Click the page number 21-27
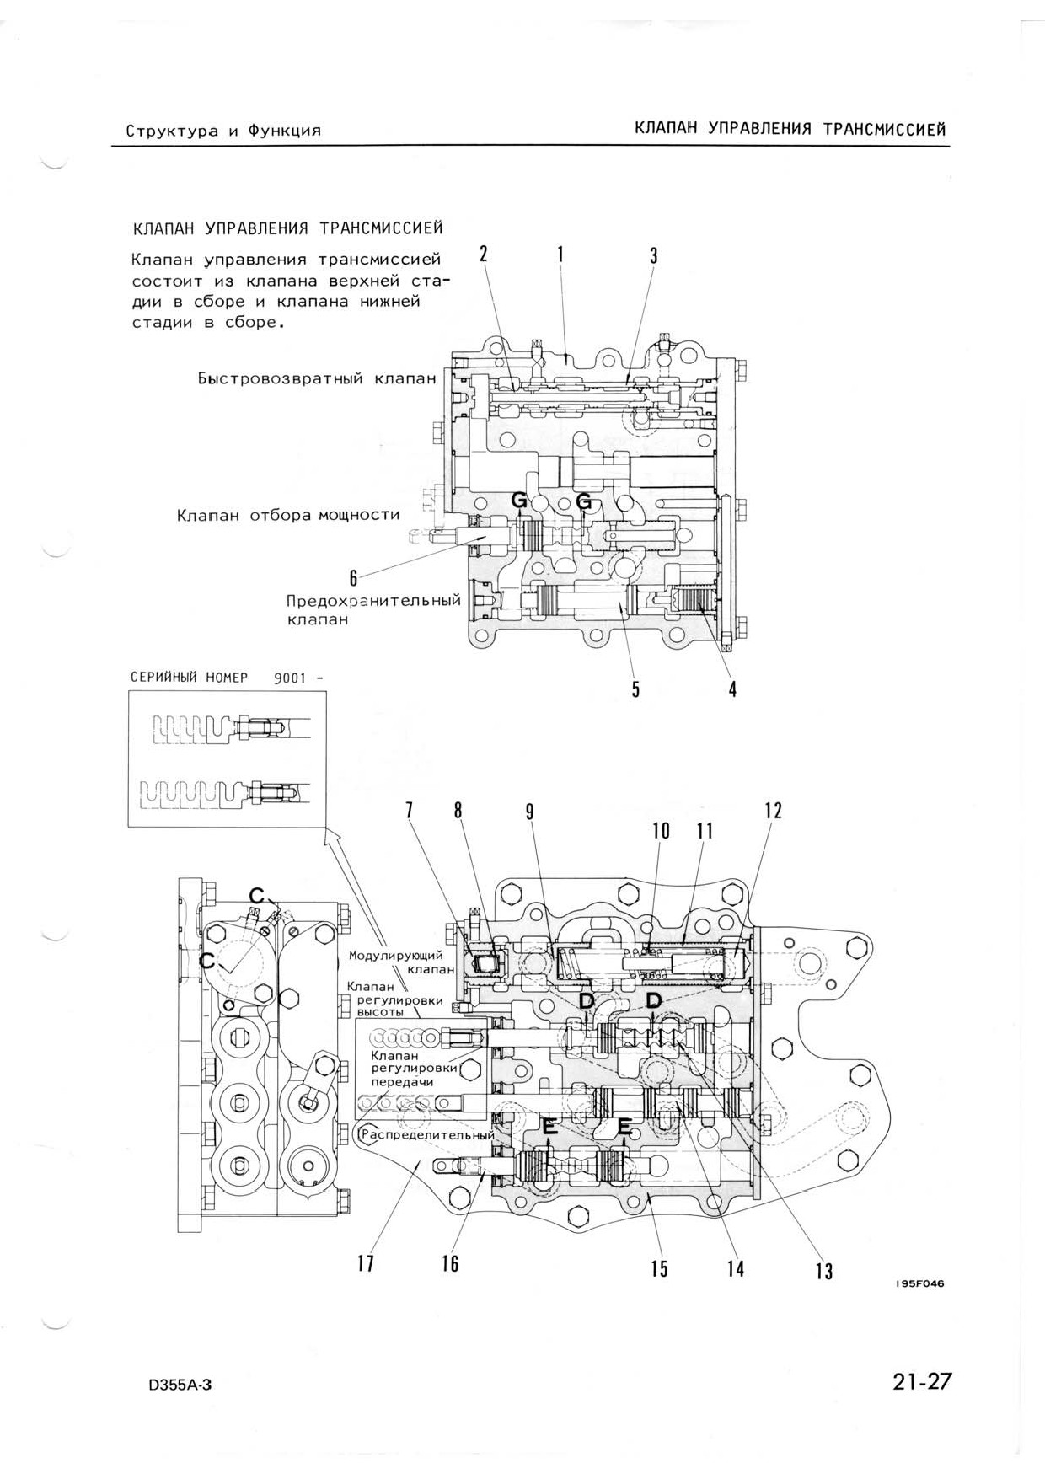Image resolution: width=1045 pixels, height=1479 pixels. pos(923,1382)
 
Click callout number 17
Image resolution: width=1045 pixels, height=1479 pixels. pos(365,1264)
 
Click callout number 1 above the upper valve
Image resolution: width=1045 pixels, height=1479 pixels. pos(560,253)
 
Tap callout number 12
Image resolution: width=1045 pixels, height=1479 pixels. pos(773,811)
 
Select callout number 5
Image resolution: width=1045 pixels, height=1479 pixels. pos(636,689)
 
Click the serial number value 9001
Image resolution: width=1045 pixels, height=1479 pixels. pos(288,678)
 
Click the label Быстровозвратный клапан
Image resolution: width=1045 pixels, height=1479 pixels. pos(317,378)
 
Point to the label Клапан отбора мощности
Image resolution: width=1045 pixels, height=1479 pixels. pos(288,514)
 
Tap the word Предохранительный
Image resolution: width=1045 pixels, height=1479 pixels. pos(373,601)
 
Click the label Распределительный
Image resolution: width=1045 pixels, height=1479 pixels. pos(427,1135)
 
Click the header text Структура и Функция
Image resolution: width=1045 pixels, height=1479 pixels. pos(223,131)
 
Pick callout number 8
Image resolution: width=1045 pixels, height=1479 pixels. pos(458,811)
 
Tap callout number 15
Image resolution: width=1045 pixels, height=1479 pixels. pos(659,1268)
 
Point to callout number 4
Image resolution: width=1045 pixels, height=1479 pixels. pos(733,689)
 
